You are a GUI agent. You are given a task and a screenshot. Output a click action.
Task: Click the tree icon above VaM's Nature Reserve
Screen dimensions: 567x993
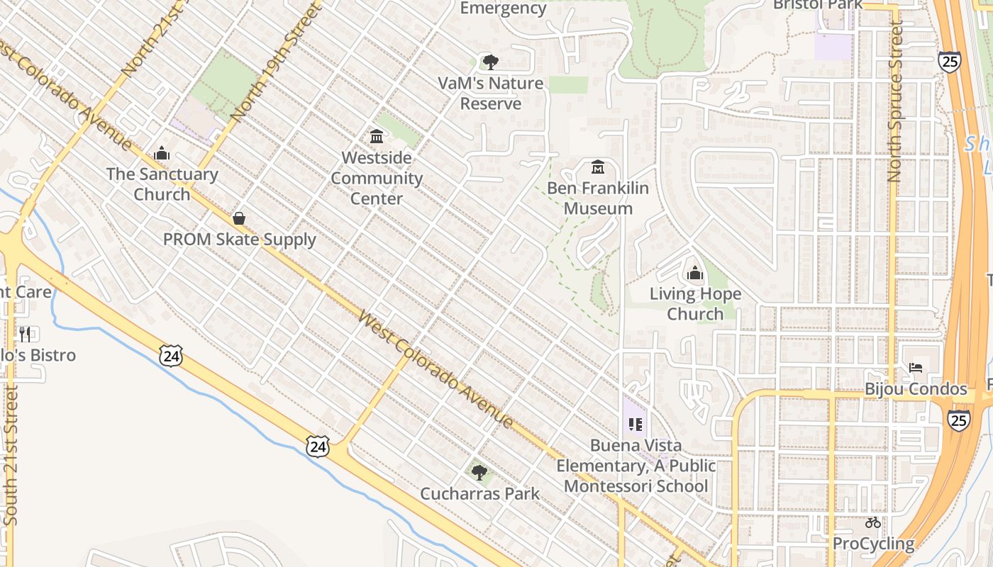(x=490, y=62)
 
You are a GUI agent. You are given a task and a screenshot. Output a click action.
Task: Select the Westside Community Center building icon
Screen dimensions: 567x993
(x=377, y=136)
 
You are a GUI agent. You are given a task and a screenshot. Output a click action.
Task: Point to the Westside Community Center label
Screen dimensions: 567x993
(x=377, y=178)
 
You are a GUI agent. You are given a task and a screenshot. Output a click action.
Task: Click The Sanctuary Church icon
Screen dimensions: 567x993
(x=162, y=153)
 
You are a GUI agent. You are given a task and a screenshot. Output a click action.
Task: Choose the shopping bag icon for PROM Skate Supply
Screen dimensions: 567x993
(x=239, y=218)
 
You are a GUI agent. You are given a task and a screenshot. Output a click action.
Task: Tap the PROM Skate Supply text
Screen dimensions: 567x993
(x=239, y=240)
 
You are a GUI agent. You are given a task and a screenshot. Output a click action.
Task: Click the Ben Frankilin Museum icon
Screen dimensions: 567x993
(x=598, y=168)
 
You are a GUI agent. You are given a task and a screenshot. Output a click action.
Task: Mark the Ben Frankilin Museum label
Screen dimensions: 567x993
(x=598, y=198)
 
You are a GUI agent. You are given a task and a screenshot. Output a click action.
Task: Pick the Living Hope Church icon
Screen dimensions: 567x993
(x=694, y=273)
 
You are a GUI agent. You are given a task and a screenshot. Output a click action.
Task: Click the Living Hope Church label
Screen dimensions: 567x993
(x=694, y=303)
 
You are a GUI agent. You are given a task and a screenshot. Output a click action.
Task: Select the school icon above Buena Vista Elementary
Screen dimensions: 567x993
(x=635, y=425)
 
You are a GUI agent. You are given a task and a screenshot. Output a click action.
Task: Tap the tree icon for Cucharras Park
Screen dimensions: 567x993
(x=479, y=472)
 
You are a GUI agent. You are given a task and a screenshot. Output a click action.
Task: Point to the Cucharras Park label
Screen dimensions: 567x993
(x=479, y=493)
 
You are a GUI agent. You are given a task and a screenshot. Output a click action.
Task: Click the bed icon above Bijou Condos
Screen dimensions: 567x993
(x=916, y=368)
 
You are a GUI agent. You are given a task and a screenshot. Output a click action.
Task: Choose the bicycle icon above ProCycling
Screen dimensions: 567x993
(x=873, y=522)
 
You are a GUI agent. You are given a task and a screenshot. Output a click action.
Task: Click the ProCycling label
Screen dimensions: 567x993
(x=873, y=544)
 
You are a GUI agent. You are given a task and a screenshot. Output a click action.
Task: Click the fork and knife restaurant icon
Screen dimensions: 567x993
(x=25, y=334)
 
